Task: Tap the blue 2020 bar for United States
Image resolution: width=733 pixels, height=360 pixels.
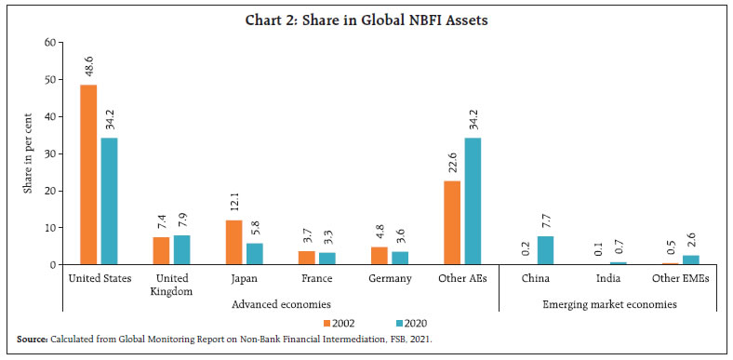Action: point(109,201)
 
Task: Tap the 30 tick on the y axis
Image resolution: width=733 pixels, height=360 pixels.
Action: point(51,153)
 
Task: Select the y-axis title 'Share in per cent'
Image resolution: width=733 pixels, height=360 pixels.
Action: point(29,153)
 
